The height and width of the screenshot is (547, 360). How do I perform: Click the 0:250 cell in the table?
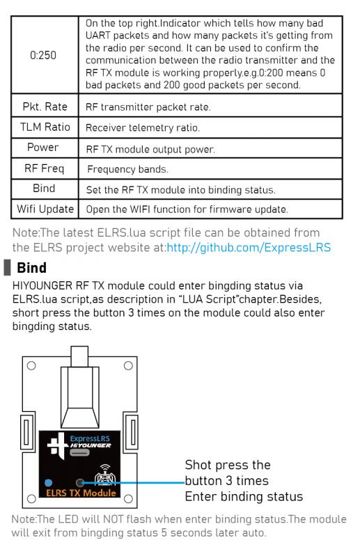[x=43, y=55]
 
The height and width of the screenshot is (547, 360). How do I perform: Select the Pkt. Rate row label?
[x=45, y=106]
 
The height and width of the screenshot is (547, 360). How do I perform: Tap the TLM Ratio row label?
[x=45, y=127]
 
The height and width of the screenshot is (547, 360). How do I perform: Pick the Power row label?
[x=43, y=148]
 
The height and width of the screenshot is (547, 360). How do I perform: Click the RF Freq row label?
[x=45, y=168]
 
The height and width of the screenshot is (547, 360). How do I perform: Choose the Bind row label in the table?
[x=44, y=189]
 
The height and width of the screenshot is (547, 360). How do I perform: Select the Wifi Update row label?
[x=45, y=209]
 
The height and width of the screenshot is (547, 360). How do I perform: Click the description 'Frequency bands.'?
[x=128, y=169]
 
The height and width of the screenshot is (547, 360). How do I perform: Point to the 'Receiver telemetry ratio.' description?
[x=143, y=127]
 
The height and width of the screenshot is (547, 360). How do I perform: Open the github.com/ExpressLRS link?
[x=249, y=247]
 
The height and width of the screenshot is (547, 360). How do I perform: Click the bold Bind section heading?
[x=32, y=268]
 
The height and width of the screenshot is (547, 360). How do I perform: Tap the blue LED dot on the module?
[x=49, y=483]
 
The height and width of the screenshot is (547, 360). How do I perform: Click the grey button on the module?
[x=80, y=483]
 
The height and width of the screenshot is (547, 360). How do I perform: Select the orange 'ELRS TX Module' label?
[x=81, y=493]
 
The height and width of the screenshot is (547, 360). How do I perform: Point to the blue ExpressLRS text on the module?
[x=90, y=438]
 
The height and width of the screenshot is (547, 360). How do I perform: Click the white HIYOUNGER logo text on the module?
[x=91, y=445]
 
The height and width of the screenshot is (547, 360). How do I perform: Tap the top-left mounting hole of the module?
[x=31, y=365]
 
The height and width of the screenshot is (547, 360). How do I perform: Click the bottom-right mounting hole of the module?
[x=128, y=498]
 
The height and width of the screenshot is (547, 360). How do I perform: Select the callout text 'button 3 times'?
[x=226, y=481]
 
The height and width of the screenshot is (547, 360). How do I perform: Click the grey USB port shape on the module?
[x=79, y=452]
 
